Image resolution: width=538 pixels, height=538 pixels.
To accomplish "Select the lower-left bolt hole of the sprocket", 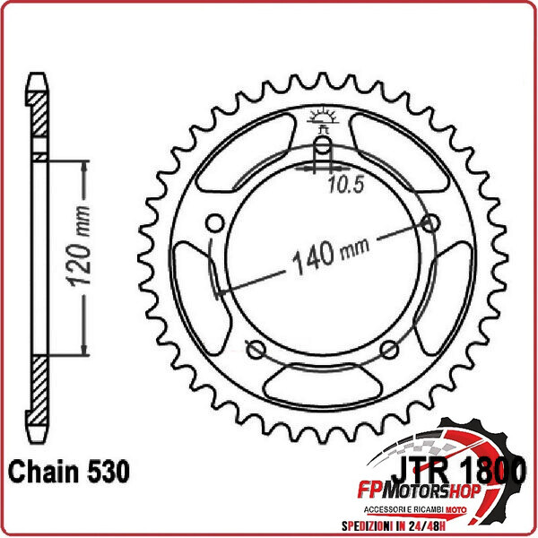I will click(x=255, y=349).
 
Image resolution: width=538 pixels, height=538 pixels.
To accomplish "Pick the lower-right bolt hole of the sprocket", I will click(x=389, y=349).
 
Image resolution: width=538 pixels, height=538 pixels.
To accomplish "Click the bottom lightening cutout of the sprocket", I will click(x=322, y=387).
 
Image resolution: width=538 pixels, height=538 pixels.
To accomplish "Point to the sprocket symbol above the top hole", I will click(x=322, y=117).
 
